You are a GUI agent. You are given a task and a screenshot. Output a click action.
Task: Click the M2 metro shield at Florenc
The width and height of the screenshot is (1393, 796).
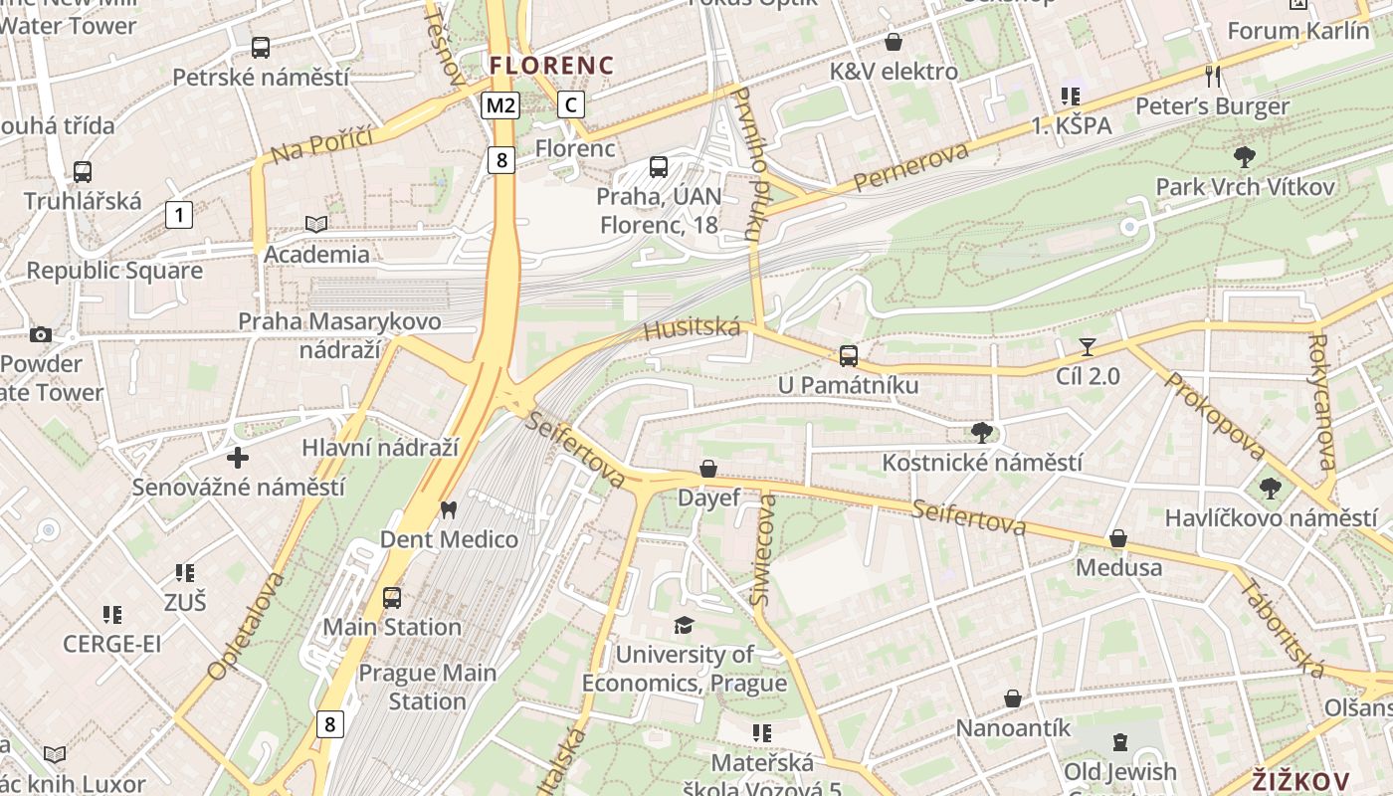coord(500,104)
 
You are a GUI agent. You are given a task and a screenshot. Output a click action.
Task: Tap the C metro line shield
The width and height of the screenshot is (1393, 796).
coord(570,103)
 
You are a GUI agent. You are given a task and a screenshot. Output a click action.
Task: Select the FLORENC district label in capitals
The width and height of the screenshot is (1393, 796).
coord(551,66)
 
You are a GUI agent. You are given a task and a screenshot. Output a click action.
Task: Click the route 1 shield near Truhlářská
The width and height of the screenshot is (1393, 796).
coord(179,214)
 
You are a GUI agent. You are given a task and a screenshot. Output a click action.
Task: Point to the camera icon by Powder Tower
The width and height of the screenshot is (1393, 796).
coord(41,334)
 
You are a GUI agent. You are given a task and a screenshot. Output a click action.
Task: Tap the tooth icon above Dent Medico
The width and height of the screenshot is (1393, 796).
coord(448,509)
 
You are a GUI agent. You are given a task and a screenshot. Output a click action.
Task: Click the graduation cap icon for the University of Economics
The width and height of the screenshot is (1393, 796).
coord(684,625)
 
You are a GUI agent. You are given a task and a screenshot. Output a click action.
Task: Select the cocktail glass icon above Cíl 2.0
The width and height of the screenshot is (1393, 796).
coord(1088,346)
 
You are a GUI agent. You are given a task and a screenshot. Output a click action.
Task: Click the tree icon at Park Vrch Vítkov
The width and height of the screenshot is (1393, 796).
coord(1244,156)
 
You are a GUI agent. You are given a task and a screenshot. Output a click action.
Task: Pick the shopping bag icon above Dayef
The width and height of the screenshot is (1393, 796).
coord(708,468)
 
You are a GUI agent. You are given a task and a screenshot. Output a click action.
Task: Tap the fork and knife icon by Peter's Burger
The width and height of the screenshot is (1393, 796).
coord(1212,75)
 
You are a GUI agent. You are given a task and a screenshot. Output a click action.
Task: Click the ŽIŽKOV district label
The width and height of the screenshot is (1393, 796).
coord(1300,781)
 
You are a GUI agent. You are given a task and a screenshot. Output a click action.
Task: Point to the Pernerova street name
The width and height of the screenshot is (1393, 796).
coord(911,167)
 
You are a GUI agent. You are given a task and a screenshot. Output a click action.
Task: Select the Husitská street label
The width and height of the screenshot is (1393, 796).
coord(693,327)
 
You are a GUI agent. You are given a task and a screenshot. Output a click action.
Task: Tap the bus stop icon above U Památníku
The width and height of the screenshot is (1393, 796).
coord(848,355)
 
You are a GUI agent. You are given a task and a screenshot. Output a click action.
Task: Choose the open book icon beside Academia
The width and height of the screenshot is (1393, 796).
coord(315,225)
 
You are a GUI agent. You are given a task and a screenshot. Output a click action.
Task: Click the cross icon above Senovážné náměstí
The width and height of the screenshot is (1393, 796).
coord(238,458)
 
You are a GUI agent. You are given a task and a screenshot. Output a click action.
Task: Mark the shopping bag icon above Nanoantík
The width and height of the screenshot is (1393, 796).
coord(1013,698)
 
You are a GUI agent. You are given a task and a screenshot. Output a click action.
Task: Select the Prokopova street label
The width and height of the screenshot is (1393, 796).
coord(1213,417)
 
